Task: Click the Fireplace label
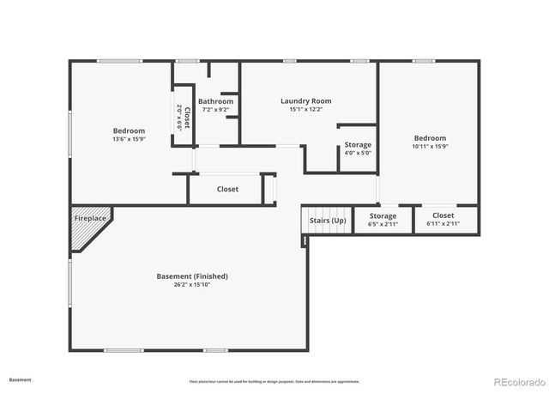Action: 90,218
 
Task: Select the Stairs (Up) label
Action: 328,221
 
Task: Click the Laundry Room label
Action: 305,101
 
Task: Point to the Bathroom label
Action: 215,101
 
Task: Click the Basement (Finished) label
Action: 192,276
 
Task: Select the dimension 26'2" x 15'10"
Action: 192,285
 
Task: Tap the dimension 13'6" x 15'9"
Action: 128,139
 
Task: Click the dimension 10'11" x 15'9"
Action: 430,146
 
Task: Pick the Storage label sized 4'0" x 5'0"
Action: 358,145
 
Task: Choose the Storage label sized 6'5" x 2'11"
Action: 383,216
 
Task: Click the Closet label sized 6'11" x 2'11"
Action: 443,216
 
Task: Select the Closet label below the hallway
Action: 227,189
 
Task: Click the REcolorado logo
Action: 517,381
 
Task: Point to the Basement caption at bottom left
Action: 21,379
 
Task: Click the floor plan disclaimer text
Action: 274,381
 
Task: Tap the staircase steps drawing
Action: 328,210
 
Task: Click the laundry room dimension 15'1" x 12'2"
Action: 305,110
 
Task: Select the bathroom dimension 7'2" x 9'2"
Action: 215,110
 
